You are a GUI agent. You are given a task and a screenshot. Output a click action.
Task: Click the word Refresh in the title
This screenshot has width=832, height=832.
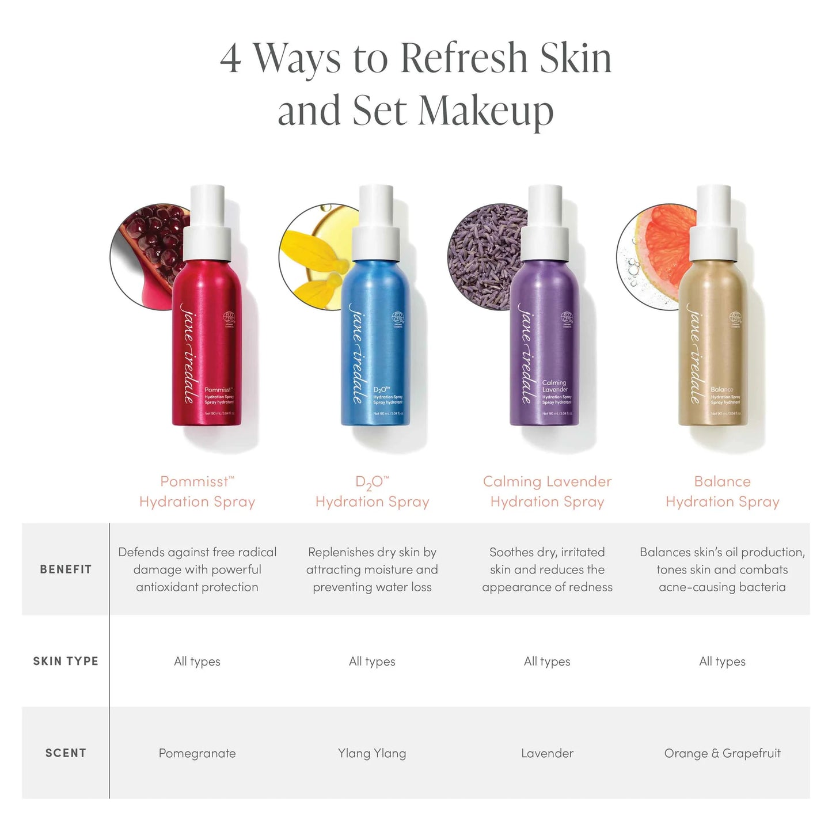click(x=464, y=58)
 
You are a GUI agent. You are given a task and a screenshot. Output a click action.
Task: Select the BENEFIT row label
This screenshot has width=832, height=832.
click(x=66, y=569)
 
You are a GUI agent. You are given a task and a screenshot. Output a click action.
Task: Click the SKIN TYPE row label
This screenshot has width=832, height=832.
click(x=66, y=661)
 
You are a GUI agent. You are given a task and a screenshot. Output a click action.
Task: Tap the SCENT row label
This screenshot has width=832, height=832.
click(x=66, y=753)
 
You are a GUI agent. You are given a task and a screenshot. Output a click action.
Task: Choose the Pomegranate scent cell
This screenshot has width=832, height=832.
click(x=197, y=753)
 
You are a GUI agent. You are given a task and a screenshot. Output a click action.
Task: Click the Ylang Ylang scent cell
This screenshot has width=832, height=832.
click(x=372, y=753)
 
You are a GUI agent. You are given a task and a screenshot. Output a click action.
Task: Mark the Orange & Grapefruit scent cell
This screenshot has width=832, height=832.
click(x=722, y=753)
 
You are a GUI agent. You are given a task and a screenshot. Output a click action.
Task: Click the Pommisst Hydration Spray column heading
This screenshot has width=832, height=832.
click(x=197, y=491)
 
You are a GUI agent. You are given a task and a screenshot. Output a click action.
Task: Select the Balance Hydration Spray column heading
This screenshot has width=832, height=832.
click(x=722, y=491)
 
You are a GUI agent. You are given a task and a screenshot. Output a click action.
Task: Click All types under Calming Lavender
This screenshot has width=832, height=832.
click(x=547, y=662)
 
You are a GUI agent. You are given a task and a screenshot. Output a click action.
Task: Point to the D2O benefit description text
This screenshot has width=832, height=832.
click(x=372, y=569)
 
